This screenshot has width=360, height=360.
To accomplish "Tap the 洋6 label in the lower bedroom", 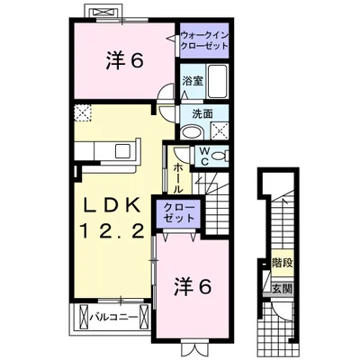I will (x=193, y=287).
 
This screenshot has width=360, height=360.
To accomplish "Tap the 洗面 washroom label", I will (x=202, y=114).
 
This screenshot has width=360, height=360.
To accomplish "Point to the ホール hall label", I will (x=177, y=174).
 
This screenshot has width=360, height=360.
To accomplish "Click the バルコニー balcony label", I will (x=113, y=316).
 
